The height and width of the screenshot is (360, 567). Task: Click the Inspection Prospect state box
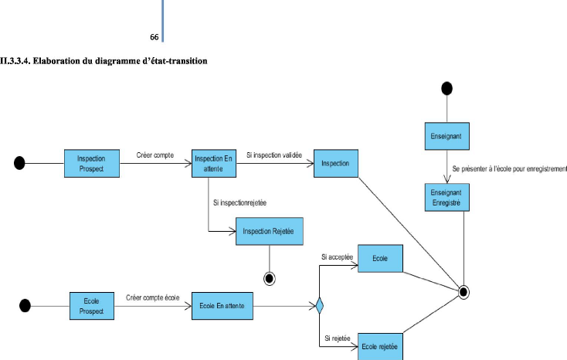(91, 162)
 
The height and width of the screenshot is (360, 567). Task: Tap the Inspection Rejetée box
(268, 231)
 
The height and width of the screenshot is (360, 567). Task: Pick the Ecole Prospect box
(92, 307)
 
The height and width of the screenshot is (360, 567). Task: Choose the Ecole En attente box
(222, 307)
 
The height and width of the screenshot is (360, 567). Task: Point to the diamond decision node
(319, 307)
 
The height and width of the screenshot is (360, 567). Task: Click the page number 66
(154, 37)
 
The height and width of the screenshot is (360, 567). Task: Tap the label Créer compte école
(152, 297)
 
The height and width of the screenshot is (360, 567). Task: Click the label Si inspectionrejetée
(244, 202)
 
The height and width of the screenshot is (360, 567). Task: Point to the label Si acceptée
(337, 256)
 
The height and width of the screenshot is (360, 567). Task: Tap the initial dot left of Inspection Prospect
(20, 162)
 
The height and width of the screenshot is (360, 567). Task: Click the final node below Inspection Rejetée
(269, 276)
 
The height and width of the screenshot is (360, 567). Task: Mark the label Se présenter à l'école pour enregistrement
(509, 168)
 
